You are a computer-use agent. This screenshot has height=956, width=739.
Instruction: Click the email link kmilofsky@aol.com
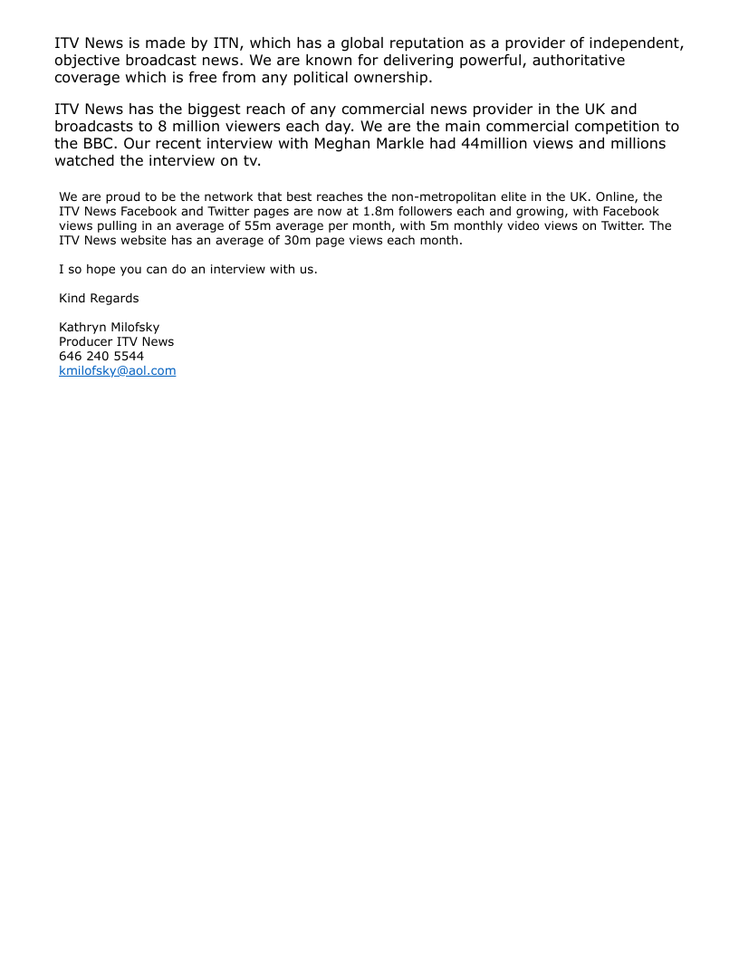click(117, 370)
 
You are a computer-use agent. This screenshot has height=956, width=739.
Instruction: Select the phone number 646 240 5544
click(101, 356)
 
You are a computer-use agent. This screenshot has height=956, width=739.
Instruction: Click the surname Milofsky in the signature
click(135, 327)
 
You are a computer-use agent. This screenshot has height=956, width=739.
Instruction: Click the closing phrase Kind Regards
click(99, 298)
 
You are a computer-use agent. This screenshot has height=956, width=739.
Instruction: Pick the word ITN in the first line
click(226, 43)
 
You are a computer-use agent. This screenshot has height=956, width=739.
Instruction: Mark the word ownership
click(382, 77)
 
